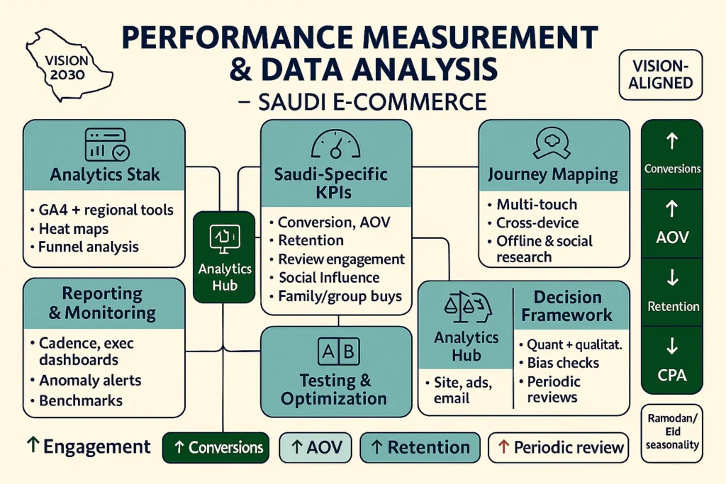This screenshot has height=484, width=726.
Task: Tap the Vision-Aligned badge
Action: [660, 74]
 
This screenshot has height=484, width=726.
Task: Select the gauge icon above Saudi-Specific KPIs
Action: [335, 145]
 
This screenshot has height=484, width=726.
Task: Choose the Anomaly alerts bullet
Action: [90, 381]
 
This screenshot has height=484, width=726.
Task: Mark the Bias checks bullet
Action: [563, 363]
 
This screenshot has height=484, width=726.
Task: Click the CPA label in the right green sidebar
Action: [671, 375]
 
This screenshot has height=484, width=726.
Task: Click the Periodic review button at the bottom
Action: [559, 448]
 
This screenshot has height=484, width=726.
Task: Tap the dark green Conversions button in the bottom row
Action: [216, 448]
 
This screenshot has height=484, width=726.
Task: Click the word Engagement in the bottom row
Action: [96, 447]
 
